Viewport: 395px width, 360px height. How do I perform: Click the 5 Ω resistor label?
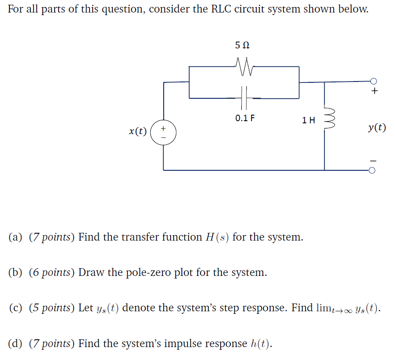(243, 45)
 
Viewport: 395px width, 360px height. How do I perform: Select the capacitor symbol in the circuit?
(244, 98)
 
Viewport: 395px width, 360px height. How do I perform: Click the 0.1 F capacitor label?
(244, 118)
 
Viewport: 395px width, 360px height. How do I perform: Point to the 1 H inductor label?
(308, 120)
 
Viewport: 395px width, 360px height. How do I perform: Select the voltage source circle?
(164, 131)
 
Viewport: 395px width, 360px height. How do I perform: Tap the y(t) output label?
(377, 128)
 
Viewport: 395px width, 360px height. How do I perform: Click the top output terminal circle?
(373, 81)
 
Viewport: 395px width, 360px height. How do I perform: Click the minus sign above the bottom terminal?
(374, 160)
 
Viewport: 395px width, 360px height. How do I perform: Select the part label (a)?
(16, 237)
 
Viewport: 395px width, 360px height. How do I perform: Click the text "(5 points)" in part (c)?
(52, 308)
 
